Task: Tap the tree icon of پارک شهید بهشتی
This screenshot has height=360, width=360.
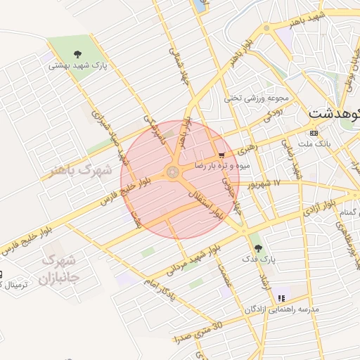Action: tap(77, 53)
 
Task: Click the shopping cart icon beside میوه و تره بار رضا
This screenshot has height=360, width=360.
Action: tap(223, 155)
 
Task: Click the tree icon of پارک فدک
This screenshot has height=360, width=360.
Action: tap(258, 247)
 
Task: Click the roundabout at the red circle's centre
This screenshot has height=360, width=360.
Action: tap(173, 172)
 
